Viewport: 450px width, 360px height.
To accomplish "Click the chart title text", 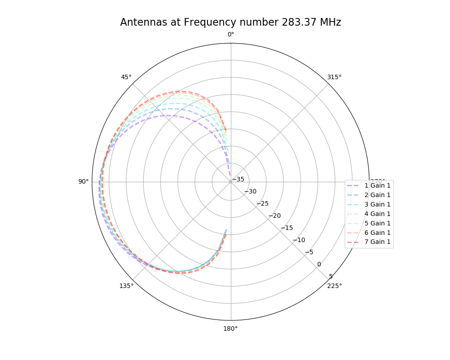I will tap(230, 22).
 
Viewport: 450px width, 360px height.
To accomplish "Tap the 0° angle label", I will tap(230, 35).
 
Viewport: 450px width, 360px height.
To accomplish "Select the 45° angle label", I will tap(126, 77).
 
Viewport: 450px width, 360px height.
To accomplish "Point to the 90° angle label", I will tap(83, 181).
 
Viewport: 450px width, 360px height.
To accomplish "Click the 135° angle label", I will tap(126, 286).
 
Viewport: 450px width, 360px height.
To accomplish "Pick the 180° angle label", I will tap(230, 328).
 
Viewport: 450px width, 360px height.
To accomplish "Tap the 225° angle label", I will tap(334, 286).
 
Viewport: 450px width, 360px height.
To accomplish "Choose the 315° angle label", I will tap(334, 77).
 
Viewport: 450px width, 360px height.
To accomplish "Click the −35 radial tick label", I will tap(238, 180).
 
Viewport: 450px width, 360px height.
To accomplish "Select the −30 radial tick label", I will tap(250, 191).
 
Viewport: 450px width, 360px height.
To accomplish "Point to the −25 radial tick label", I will tap(262, 203).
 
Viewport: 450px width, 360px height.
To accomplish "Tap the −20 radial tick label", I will tap(274, 216).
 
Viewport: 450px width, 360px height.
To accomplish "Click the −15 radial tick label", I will tap(287, 228).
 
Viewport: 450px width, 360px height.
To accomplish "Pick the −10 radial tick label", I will tap(299, 240).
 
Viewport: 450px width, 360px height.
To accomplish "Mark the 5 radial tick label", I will tap(331, 276).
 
